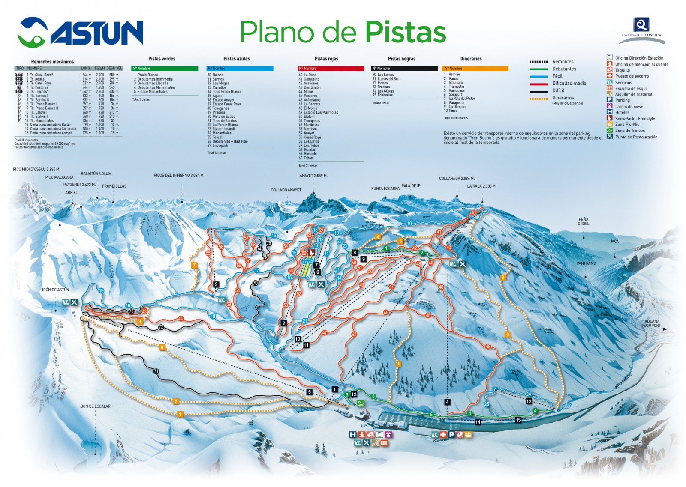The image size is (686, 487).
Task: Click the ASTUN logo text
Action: [x=96, y=33]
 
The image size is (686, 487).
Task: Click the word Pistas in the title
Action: [x=406, y=32]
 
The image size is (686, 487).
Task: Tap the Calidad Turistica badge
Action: [x=641, y=30]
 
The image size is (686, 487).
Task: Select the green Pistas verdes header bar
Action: [x=165, y=69]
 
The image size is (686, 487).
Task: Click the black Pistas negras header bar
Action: [x=404, y=69]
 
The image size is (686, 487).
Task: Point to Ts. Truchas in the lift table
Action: [x=39, y=91]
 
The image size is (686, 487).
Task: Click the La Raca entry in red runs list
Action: [x=309, y=75]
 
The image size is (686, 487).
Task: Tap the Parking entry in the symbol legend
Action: [x=622, y=100]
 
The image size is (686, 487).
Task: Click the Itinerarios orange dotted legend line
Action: [x=539, y=99]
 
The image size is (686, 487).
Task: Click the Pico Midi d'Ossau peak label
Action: [x=36, y=170]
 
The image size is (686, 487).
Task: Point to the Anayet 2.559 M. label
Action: [x=313, y=176]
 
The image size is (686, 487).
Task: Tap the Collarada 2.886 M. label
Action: [x=457, y=179]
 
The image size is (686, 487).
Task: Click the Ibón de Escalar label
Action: [x=95, y=406]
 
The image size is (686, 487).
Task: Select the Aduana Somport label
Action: [x=652, y=323]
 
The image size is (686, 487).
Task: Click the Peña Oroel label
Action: [x=583, y=221]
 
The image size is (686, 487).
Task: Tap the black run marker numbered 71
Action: [x=156, y=372]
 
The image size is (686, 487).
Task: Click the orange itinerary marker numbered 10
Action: [x=398, y=364]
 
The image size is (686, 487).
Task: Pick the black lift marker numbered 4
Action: [x=447, y=402]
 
